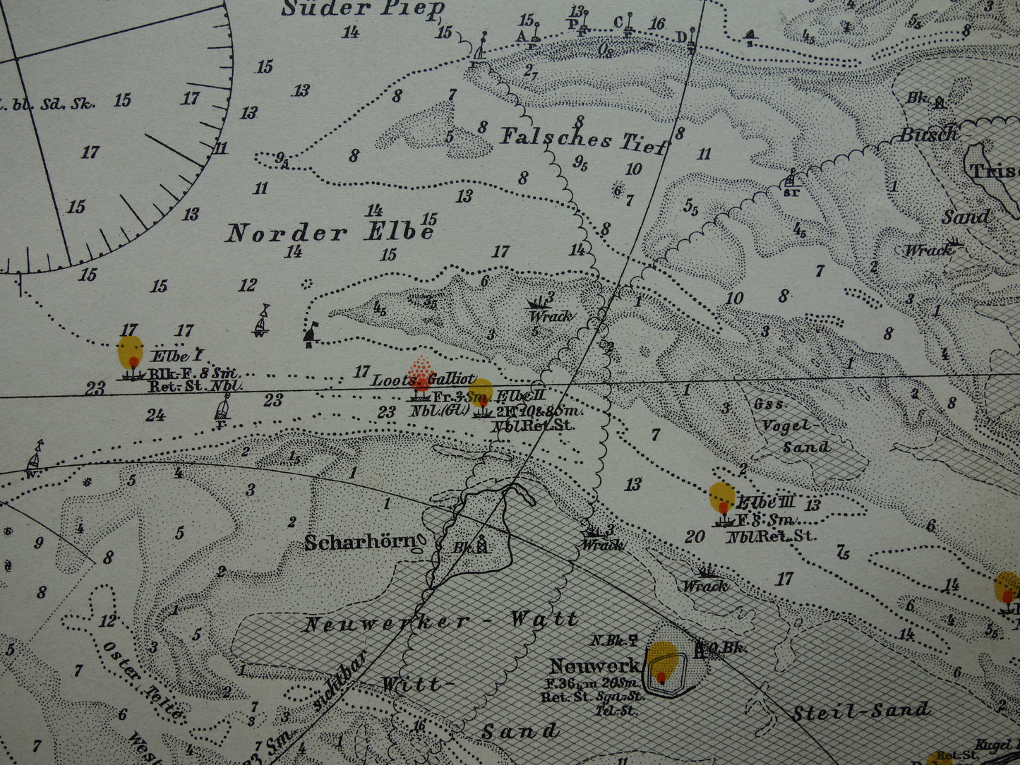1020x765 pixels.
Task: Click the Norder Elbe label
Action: pyautogui.click(x=329, y=232)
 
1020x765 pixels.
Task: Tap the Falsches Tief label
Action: pyautogui.click(x=583, y=138)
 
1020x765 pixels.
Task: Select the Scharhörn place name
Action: pyautogui.click(x=360, y=542)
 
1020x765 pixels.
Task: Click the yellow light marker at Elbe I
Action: pyautogui.click(x=130, y=351)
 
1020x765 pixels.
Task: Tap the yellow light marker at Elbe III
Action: pyautogui.click(x=721, y=497)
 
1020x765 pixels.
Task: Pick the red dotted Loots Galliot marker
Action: pyautogui.click(x=421, y=373)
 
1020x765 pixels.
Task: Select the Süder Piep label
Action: pyautogui.click(x=364, y=9)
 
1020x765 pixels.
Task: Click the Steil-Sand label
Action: pyautogui.click(x=860, y=711)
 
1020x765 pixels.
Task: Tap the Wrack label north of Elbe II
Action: pyautogui.click(x=550, y=315)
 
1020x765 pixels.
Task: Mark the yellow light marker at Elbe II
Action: pyautogui.click(x=481, y=392)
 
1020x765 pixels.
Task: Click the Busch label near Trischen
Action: pyautogui.click(x=928, y=133)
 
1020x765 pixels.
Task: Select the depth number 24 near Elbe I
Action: pyautogui.click(x=155, y=415)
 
